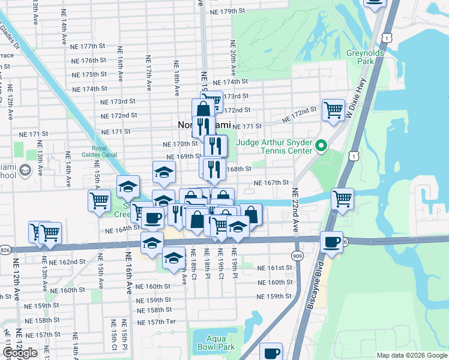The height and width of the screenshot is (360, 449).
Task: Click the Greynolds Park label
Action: point(360,57)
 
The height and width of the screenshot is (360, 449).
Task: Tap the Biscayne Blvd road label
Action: point(316,287)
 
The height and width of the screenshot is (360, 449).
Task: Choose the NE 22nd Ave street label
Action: point(295,211)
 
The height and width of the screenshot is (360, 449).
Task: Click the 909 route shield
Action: point(297,254)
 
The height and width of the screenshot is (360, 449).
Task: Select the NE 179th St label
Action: point(225,11)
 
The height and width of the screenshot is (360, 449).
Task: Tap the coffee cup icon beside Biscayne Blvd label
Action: point(331,242)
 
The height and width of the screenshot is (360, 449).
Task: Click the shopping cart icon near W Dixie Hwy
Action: point(333,110)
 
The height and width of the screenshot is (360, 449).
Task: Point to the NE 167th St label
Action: point(271,182)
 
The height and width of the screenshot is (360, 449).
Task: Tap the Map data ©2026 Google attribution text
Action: point(411,355)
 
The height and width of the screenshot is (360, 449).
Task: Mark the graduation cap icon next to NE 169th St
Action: point(164,172)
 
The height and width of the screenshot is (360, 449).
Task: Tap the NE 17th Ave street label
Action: point(147,70)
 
